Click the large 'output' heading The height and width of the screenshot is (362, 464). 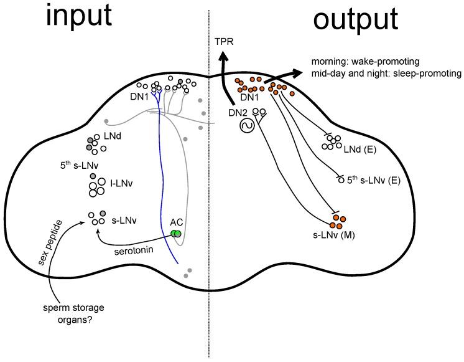355,21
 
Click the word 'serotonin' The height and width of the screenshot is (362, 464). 134,252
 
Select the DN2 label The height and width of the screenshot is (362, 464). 237,113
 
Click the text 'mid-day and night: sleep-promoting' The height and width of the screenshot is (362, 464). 386,74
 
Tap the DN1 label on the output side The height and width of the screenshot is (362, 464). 248,97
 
